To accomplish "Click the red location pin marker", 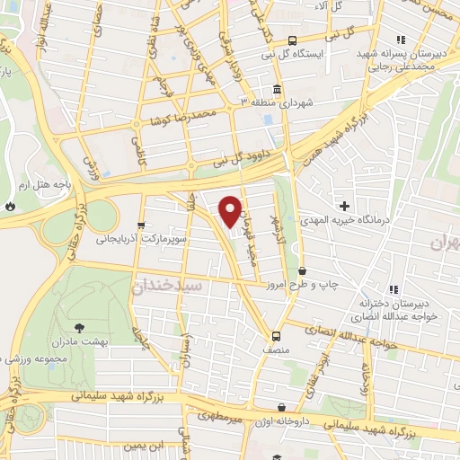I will (x=231, y=210).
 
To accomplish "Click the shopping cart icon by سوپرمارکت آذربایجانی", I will (x=139, y=225).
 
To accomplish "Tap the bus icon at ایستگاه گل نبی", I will (x=292, y=40).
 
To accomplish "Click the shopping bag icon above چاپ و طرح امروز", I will (x=301, y=270).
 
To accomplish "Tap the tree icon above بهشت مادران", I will (x=78, y=328).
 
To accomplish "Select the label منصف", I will (x=277, y=342).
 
